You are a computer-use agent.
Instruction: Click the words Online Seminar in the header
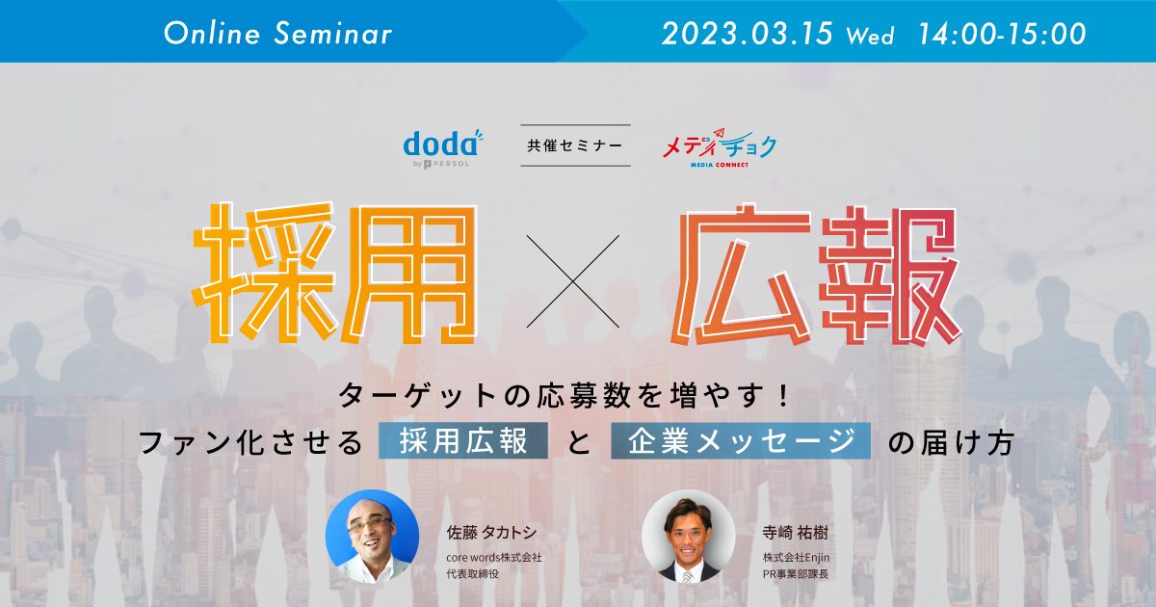point(278,34)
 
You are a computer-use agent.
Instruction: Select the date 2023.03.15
point(748,34)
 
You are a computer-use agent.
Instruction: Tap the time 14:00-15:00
point(1002,34)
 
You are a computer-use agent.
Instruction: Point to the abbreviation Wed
point(870,36)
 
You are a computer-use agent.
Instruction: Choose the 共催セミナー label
point(575,145)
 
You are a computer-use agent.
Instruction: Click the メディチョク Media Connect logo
point(720,147)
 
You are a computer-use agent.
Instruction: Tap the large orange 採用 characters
point(334,273)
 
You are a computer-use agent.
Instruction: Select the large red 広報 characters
point(815,276)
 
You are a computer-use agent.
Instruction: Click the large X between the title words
point(573,281)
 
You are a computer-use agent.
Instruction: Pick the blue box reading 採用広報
point(463,440)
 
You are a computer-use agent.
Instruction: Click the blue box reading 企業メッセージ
point(741,440)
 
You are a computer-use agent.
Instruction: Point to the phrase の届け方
point(950,443)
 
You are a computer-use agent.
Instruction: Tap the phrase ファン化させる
point(250,443)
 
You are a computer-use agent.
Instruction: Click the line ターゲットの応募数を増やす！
point(565,396)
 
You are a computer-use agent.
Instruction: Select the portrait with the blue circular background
point(372,537)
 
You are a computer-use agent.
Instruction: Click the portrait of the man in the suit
point(688,537)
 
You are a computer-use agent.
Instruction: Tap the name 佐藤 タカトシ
point(491,532)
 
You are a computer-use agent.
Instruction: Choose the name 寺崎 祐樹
point(795,532)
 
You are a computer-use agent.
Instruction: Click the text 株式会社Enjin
point(796,558)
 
